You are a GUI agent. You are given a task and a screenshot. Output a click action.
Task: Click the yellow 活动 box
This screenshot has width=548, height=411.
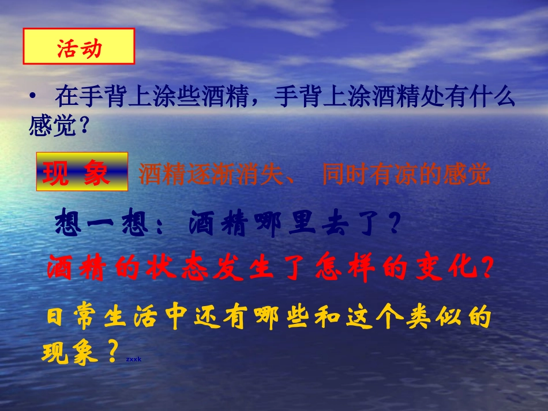pyautogui.click(x=78, y=46)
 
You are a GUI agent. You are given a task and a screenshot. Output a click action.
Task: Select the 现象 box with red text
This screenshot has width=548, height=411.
pyautogui.click(x=82, y=172)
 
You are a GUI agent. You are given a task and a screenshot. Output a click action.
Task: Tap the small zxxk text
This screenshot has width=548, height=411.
pyautogui.click(x=133, y=359)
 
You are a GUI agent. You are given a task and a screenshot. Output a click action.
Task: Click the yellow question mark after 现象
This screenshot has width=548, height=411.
pyautogui.click(x=112, y=350)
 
